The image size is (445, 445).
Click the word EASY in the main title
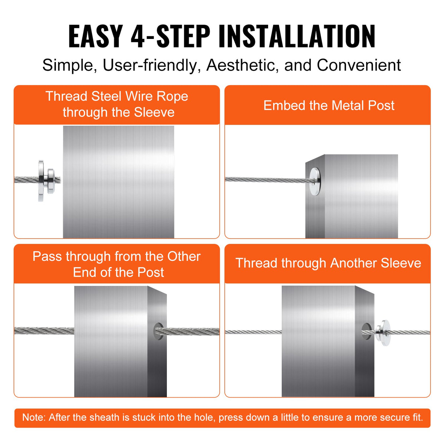click(x=95, y=36)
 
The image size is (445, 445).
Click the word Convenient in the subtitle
click(x=359, y=65)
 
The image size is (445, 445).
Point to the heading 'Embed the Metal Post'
click(x=329, y=105)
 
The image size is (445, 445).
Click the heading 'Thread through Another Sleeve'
click(x=328, y=263)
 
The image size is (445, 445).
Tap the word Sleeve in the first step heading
click(x=154, y=112)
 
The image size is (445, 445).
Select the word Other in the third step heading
click(x=184, y=256)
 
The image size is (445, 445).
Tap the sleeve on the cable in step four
click(x=382, y=332)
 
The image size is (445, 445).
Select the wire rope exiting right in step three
click(x=193, y=331)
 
